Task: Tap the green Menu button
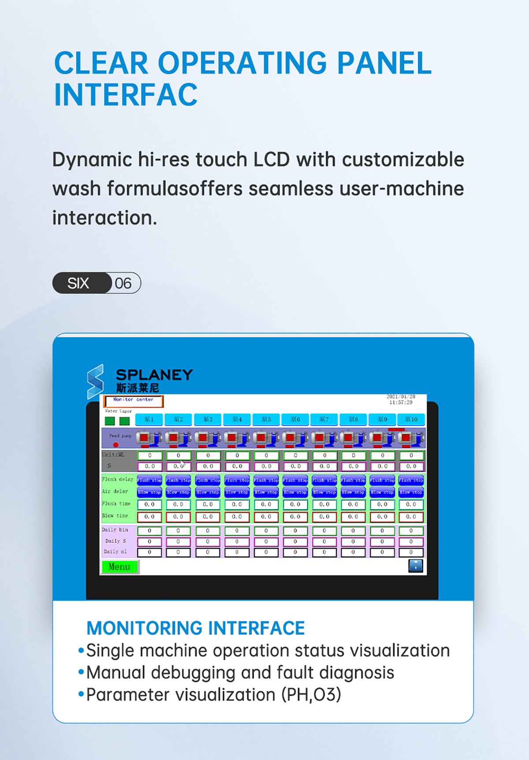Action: (x=119, y=567)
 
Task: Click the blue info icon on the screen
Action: (x=415, y=565)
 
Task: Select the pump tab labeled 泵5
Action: (x=266, y=419)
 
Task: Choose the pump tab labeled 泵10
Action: (x=411, y=419)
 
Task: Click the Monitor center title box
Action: (x=134, y=401)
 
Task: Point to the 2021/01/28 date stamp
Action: (x=401, y=397)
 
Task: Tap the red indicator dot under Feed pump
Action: (x=116, y=445)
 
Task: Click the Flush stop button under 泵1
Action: (x=149, y=480)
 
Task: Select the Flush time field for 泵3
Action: (x=208, y=504)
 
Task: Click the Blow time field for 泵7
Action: (x=324, y=517)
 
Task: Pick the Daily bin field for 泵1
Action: (x=149, y=531)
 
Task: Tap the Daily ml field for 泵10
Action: (x=411, y=552)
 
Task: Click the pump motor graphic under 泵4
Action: (x=237, y=438)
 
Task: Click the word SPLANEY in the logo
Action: (x=154, y=375)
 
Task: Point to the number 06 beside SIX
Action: (x=123, y=283)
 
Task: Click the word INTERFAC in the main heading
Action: (x=126, y=95)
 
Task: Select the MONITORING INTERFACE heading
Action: (x=195, y=628)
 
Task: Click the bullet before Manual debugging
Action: (x=81, y=672)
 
